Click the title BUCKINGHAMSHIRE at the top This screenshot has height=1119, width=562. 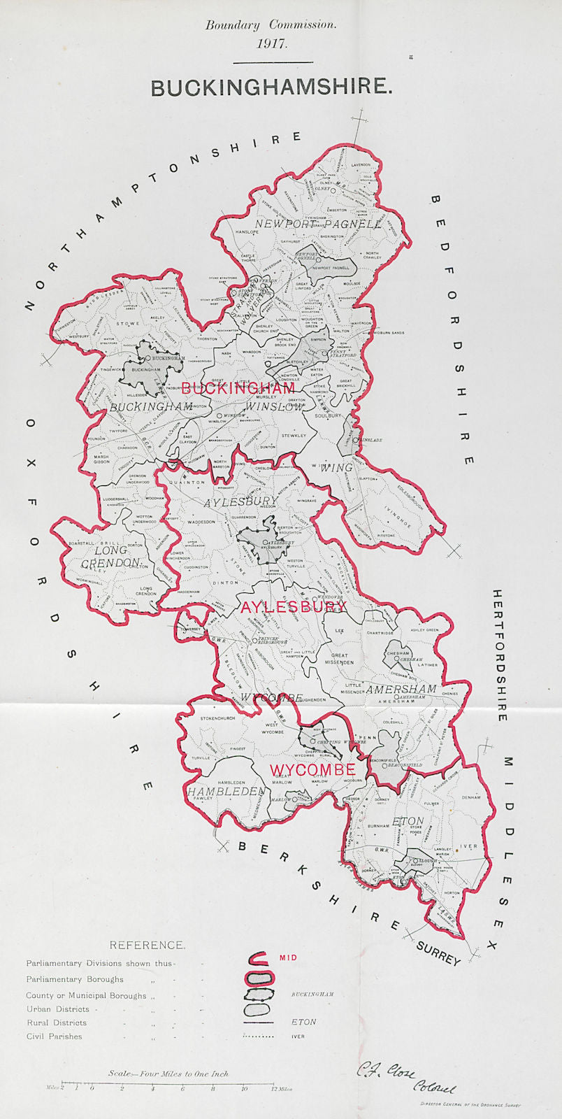click(271, 87)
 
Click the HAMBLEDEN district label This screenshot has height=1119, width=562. click(226, 792)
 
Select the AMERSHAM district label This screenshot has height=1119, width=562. click(401, 689)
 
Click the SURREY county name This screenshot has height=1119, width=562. click(438, 955)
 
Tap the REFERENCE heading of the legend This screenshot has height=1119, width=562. click(147, 945)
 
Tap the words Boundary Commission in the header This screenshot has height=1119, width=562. click(271, 24)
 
